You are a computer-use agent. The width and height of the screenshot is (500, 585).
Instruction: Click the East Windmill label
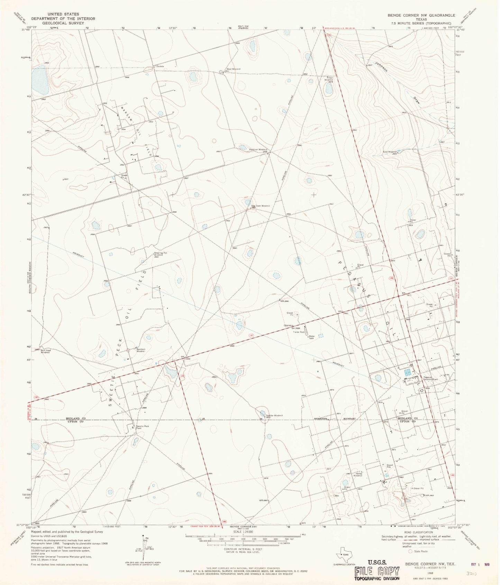(390, 152)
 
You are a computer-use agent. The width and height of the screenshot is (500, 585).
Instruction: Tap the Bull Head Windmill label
(46, 351)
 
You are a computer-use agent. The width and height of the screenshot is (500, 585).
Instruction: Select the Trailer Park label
(299, 332)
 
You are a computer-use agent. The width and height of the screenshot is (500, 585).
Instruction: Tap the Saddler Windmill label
(274, 415)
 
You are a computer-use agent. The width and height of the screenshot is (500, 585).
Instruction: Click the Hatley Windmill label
(357, 475)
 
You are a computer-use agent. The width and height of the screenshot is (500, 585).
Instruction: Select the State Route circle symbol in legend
(411, 551)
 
